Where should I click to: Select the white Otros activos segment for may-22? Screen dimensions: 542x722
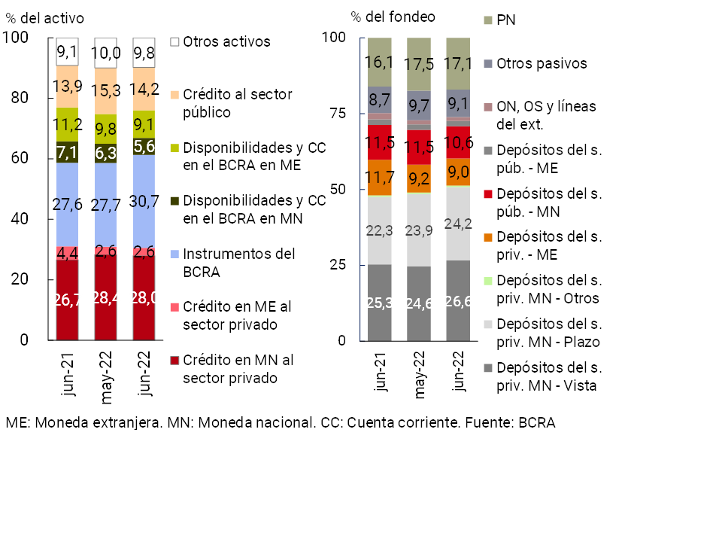[106, 53]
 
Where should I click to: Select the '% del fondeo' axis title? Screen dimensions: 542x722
[393, 17]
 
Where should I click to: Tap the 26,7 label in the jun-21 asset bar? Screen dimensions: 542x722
[67, 300]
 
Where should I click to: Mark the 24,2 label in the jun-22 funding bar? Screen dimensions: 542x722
[459, 224]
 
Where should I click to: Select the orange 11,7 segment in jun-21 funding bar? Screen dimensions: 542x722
[380, 178]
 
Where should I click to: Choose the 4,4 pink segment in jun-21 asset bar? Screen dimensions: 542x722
[67, 253]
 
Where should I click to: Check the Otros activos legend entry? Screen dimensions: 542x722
[226, 41]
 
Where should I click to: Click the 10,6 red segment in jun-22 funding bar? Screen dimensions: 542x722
[459, 142]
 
